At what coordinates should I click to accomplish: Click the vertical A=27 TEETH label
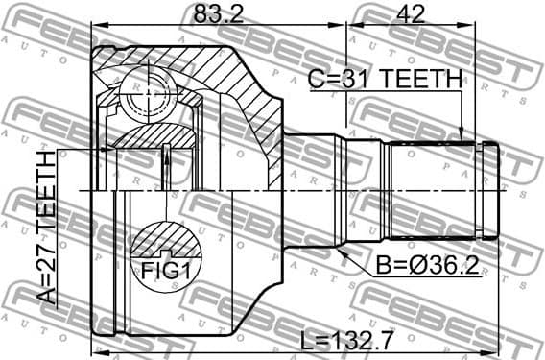point(45,228)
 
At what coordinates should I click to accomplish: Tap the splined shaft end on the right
point(441,188)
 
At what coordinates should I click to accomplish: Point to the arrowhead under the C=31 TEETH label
point(462,138)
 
